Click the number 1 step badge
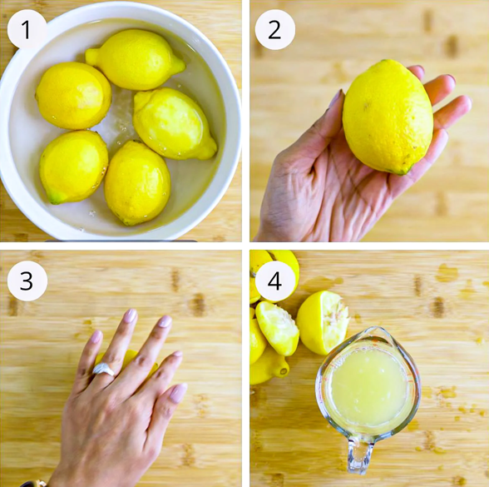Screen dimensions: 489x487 (27, 30)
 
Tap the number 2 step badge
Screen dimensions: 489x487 (274, 30)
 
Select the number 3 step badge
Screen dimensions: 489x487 (27, 281)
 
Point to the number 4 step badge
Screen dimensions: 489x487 (274, 281)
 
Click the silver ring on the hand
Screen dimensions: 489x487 (104, 370)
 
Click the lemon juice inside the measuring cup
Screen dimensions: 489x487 (369, 386)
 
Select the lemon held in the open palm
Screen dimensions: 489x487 (388, 117)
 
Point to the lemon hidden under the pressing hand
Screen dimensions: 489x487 (128, 359)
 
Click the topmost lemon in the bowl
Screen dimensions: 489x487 (136, 59)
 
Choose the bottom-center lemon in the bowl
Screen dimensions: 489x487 (137, 183)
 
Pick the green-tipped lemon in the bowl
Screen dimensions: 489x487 (73, 167)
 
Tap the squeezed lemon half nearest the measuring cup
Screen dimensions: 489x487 (322, 322)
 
